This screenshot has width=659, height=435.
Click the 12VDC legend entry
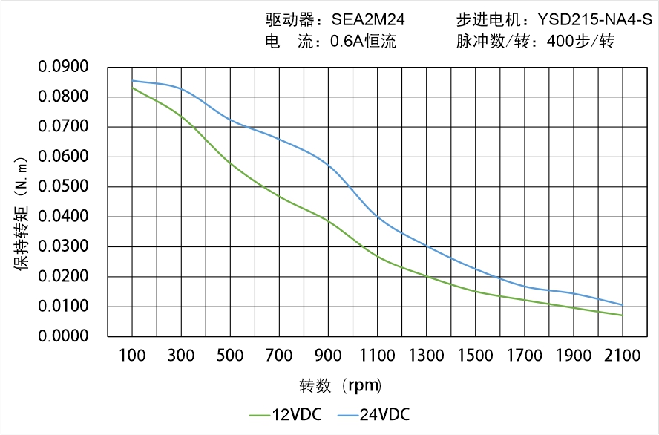286,414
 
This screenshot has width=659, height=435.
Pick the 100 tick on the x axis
133,356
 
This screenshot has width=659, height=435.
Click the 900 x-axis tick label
329,356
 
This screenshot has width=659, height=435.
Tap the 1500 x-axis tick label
476,356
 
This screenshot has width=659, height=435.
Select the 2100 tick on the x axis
623,356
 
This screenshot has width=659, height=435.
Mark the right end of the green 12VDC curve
623,315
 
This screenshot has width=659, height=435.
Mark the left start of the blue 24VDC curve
133,81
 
